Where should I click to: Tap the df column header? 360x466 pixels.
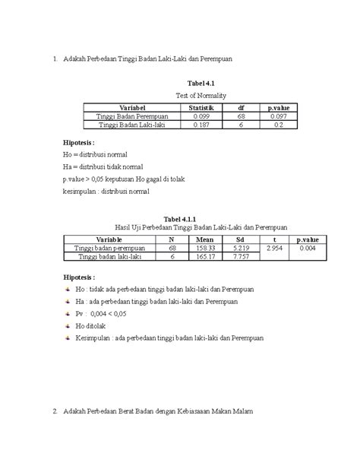click(241, 108)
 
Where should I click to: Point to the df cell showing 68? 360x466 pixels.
click(241, 116)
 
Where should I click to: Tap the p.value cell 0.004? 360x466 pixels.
click(307, 249)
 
